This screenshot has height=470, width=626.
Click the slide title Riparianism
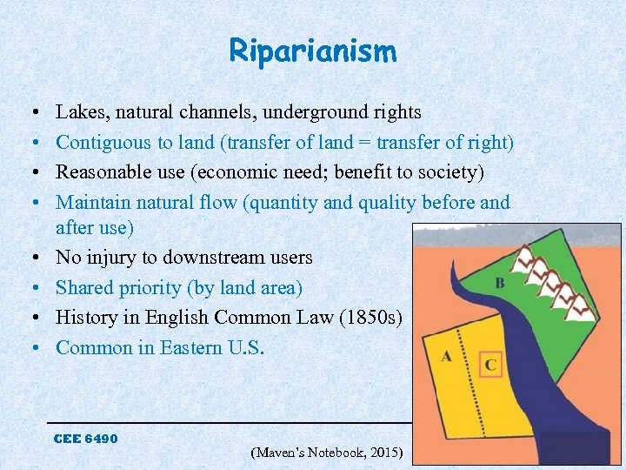[313, 51]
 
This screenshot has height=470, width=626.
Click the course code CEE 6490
[85, 438]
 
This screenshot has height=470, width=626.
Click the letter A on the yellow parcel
[446, 356]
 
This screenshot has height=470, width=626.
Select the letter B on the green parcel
[499, 284]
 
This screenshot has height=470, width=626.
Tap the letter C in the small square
[490, 365]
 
